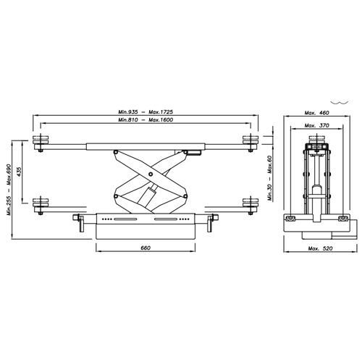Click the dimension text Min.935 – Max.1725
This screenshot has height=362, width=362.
tap(146, 112)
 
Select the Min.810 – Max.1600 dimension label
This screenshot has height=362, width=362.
tap(146, 119)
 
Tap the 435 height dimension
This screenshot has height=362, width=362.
tap(19, 172)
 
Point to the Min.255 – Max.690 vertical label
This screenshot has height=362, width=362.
tap(9, 190)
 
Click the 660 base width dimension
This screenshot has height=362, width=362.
tap(146, 248)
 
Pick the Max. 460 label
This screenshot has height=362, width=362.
tap(316, 113)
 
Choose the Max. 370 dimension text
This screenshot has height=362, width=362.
tap(316, 125)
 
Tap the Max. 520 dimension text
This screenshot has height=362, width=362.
tap(320, 248)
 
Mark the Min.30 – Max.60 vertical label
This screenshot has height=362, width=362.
tap(269, 178)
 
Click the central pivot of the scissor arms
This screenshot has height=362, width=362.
tap(151, 174)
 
